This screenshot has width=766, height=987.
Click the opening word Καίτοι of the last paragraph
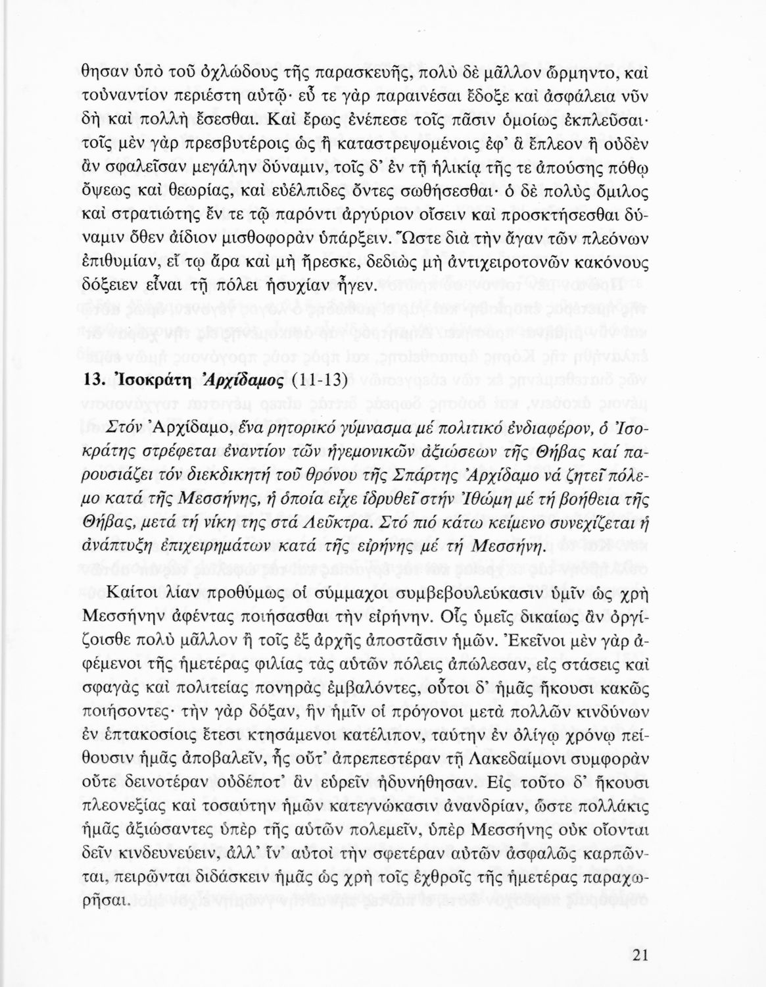tap(135, 592)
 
